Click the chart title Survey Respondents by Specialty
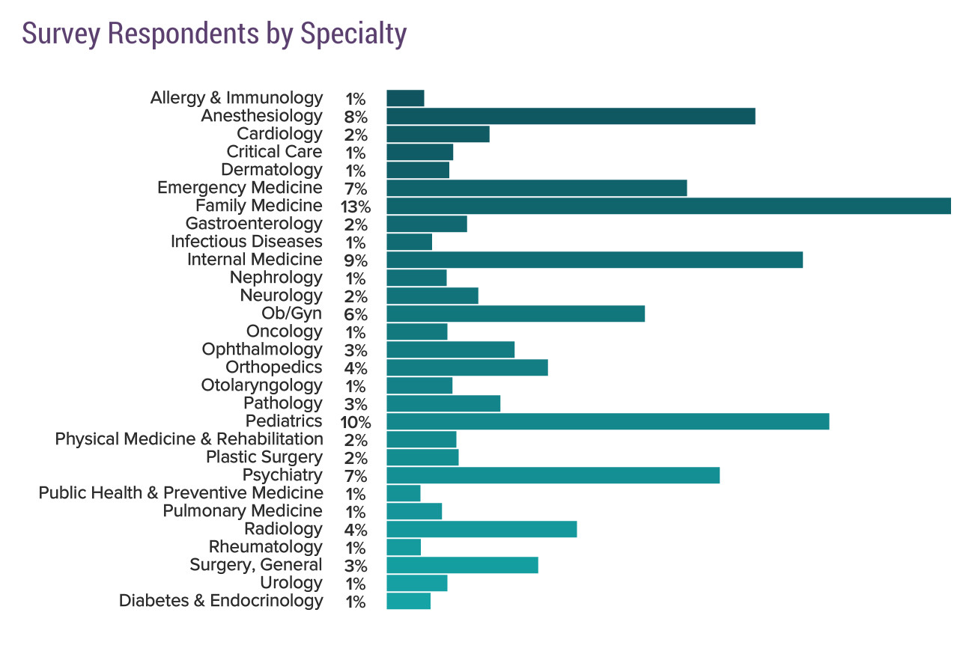pyautogui.click(x=214, y=34)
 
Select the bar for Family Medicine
pyautogui.click(x=668, y=206)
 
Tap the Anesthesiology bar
pyautogui.click(x=571, y=116)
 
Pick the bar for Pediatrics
pyautogui.click(x=607, y=421)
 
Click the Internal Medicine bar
pyautogui.click(x=595, y=260)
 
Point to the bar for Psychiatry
pyautogui.click(x=553, y=475)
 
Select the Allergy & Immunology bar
pyautogui.click(x=405, y=98)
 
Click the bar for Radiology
pyautogui.click(x=482, y=529)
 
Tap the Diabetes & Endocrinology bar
pyautogui.click(x=408, y=601)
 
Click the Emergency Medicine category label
pyautogui.click(x=240, y=188)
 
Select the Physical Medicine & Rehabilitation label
pyautogui.click(x=189, y=439)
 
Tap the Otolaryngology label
pyautogui.click(x=261, y=385)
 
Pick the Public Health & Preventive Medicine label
pyautogui.click(x=180, y=493)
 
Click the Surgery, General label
pyautogui.click(x=256, y=565)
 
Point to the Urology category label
pyautogui.click(x=291, y=583)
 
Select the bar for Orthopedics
pyautogui.click(x=467, y=367)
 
